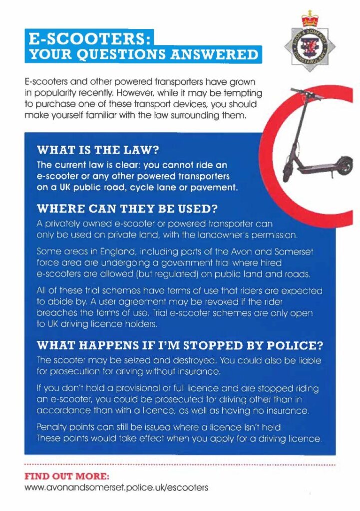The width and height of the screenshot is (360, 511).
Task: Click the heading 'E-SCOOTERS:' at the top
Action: pyautogui.click(x=89, y=38)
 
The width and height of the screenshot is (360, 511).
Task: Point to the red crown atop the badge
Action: pyautogui.click(x=309, y=20)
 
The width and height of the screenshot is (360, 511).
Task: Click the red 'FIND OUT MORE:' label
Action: pyautogui.click(x=67, y=475)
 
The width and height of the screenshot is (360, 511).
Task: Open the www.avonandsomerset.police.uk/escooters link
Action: pyautogui.click(x=116, y=487)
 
